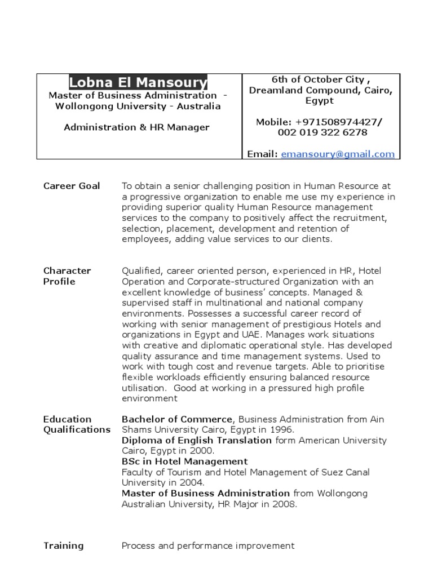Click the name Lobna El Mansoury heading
click(x=138, y=83)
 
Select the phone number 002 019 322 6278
click(x=322, y=132)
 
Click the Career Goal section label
click(x=72, y=186)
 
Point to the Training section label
click(x=63, y=545)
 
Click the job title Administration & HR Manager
click(x=136, y=127)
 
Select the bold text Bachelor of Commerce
click(x=177, y=419)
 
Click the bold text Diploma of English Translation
click(x=197, y=441)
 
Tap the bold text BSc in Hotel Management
click(x=184, y=461)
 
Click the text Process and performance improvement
click(x=208, y=545)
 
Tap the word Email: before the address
click(x=262, y=154)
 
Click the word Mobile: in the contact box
click(x=274, y=122)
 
